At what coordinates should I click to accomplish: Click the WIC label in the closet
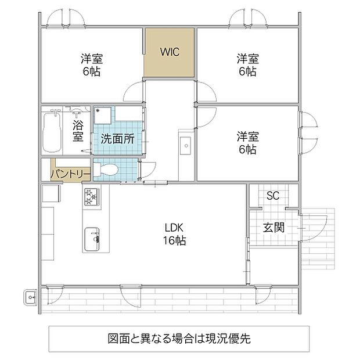tap(170, 52)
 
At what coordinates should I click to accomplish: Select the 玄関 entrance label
tap(273, 228)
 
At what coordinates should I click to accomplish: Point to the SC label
tap(273, 196)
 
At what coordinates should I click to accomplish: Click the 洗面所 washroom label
tap(117, 139)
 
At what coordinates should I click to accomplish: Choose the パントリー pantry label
tap(71, 174)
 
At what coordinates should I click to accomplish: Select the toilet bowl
tap(106, 170)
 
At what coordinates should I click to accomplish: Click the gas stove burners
tap(92, 197)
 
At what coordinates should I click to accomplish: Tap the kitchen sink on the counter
tap(92, 239)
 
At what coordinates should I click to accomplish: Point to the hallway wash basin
tap(185, 146)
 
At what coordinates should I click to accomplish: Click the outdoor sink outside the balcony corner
tap(31, 297)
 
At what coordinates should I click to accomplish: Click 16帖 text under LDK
tap(175, 240)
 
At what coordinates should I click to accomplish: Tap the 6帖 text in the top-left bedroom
tap(92, 71)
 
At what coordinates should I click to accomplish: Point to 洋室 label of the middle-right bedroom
tap(248, 136)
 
